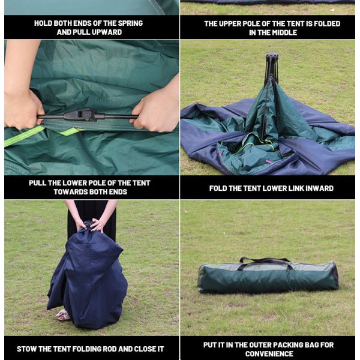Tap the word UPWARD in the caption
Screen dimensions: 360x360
pyautogui.click(x=104, y=32)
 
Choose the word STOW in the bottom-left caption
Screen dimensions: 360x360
pyautogui.click(x=28, y=349)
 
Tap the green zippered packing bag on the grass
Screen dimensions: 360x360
pyautogui.click(x=268, y=277)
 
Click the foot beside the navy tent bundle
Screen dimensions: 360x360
pyautogui.click(x=62, y=314)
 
